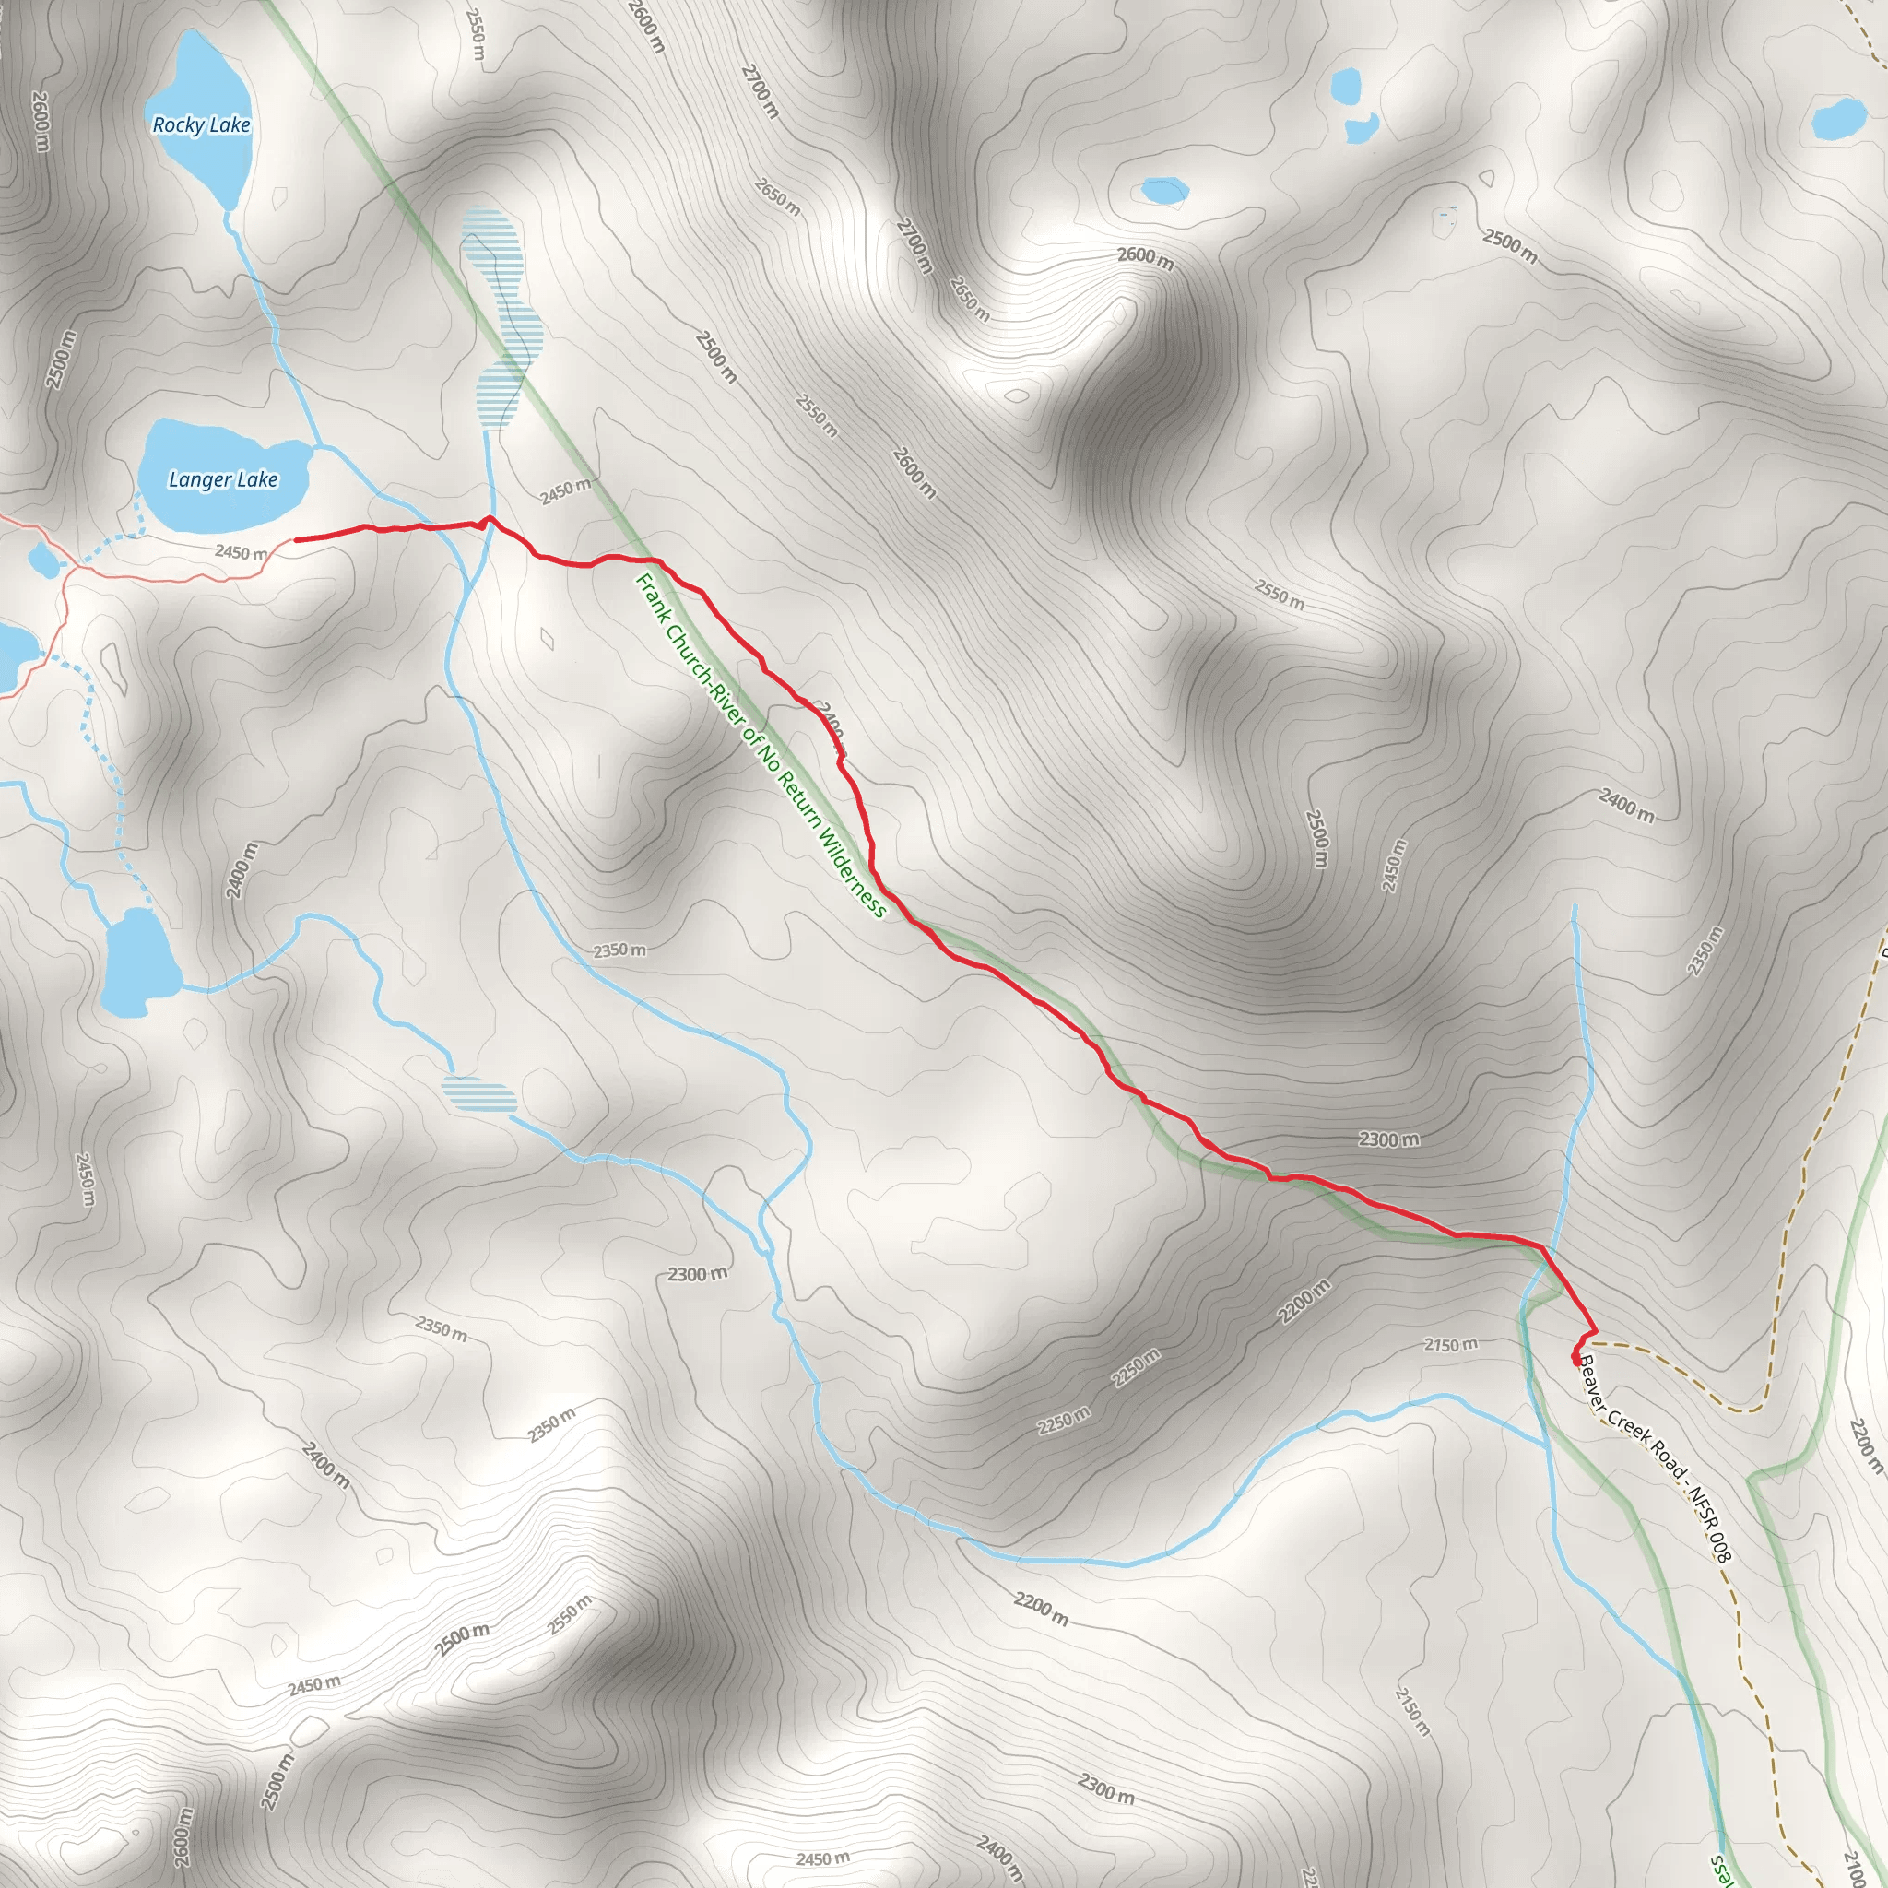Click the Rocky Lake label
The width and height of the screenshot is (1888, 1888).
coord(201,125)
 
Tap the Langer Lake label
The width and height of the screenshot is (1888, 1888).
coord(223,478)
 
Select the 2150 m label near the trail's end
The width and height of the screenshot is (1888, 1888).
coord(1450,1346)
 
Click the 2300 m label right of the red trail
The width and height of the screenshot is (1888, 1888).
coord(1388,1139)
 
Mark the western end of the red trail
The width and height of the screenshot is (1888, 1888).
coord(296,539)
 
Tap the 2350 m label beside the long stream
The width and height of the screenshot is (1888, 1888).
coord(619,950)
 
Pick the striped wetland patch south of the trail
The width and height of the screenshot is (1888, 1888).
coord(478,1093)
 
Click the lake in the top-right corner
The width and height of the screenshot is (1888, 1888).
coord(1839,119)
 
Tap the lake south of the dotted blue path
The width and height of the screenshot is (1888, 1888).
coord(140,962)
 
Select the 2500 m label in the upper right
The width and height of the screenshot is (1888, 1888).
coord(1510,245)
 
